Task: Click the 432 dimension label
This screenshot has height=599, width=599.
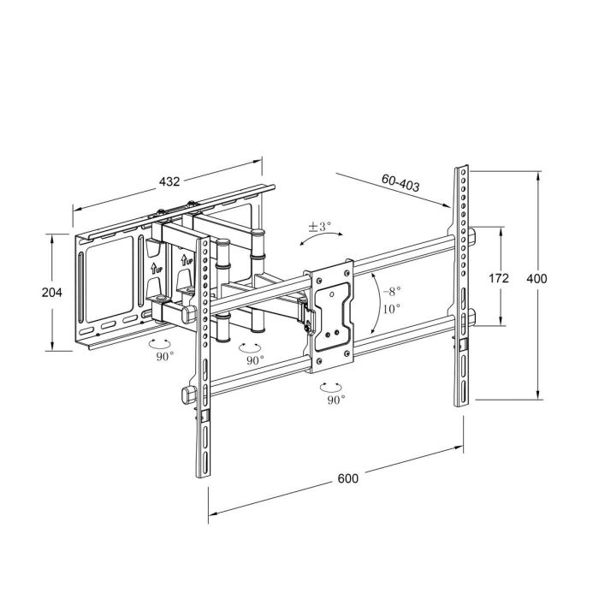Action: click(x=169, y=181)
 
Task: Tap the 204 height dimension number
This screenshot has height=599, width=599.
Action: click(x=51, y=292)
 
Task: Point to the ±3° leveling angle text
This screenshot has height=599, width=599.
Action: click(x=319, y=227)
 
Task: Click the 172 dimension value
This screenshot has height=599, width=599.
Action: click(x=498, y=278)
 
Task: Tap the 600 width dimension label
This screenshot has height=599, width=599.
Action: click(x=347, y=478)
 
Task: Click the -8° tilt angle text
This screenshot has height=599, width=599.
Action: click(x=392, y=291)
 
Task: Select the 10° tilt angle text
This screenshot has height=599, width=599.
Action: click(x=392, y=308)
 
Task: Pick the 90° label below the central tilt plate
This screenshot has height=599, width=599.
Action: click(x=335, y=398)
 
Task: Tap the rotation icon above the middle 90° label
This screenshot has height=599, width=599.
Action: click(x=250, y=347)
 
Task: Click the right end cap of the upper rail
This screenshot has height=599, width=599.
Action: click(x=471, y=236)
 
